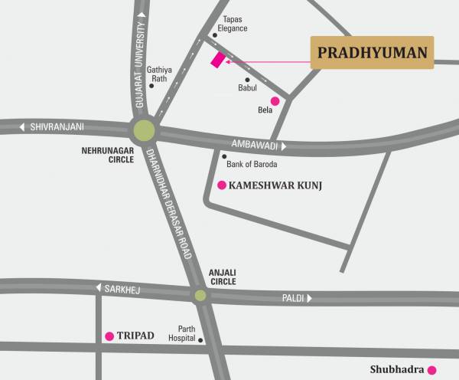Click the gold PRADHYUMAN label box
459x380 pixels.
[x=371, y=53]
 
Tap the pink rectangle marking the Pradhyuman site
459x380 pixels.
[x=218, y=61]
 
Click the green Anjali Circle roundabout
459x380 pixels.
[x=200, y=295]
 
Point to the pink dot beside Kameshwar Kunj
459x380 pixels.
[x=222, y=185]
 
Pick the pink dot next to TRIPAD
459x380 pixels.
[x=109, y=336]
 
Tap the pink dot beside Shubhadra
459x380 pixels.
[x=432, y=369]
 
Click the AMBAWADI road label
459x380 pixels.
[x=255, y=144]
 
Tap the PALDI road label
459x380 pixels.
[x=293, y=298]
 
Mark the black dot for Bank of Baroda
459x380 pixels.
[x=224, y=156]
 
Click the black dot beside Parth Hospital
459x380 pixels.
[x=200, y=339]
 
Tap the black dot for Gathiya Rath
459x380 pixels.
[x=151, y=86]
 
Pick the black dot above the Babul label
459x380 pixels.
[x=247, y=79]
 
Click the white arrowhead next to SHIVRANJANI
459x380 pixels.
[x=24, y=126]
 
